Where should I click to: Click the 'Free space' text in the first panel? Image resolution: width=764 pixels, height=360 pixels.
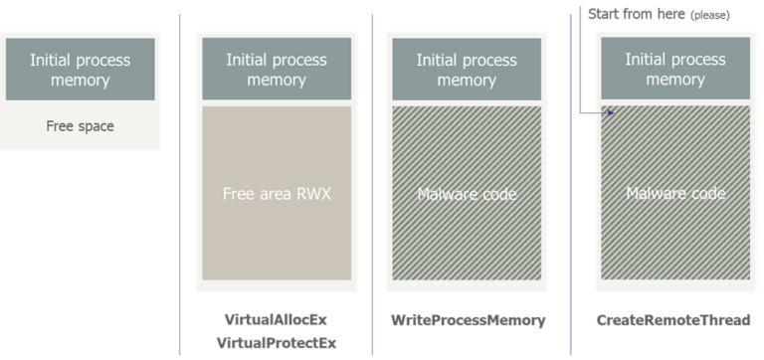[x=80, y=127]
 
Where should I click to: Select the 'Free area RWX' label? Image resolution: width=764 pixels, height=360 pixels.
[x=276, y=194]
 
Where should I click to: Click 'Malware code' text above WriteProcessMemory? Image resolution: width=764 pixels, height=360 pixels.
[x=468, y=194]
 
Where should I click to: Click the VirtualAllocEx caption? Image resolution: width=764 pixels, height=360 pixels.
[x=276, y=321]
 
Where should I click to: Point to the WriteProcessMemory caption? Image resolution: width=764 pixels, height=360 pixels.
[x=469, y=321]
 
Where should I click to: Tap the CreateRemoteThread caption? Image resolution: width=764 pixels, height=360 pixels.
[x=672, y=321]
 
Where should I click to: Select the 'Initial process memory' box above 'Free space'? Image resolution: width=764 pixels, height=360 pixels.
[x=80, y=69]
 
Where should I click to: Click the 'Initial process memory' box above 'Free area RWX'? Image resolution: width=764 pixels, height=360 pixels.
[x=276, y=69]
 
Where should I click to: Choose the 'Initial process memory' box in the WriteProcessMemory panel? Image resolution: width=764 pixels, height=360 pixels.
[x=466, y=69]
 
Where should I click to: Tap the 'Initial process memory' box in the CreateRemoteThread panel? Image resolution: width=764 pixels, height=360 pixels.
[x=673, y=69]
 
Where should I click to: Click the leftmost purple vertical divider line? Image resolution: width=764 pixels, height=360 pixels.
[x=179, y=179]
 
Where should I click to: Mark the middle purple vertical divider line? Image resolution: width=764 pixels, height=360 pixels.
[x=372, y=179]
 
